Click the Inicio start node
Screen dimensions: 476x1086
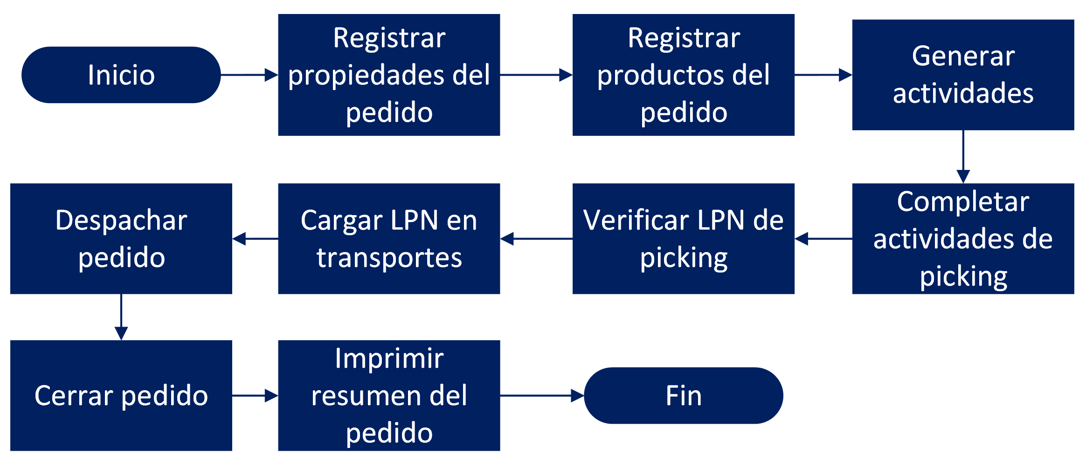121,75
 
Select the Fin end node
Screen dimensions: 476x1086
684,396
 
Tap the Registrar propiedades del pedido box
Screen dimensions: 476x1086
389,75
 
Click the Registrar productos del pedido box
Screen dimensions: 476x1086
684,75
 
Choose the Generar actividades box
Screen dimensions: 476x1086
963,75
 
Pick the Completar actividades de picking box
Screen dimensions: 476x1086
963,239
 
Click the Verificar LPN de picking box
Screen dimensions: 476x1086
684,239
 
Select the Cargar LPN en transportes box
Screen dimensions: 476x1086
389,239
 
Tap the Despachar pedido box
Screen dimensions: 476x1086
121,239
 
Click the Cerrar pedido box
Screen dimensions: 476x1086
121,396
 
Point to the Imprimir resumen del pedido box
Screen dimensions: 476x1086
389,396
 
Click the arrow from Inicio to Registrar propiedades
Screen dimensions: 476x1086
249,75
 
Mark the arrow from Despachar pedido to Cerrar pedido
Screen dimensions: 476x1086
121,317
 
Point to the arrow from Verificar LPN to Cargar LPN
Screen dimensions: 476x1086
536,239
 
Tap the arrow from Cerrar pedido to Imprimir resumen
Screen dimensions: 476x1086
255,396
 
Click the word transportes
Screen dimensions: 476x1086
389,258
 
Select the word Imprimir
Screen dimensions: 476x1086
389,358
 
